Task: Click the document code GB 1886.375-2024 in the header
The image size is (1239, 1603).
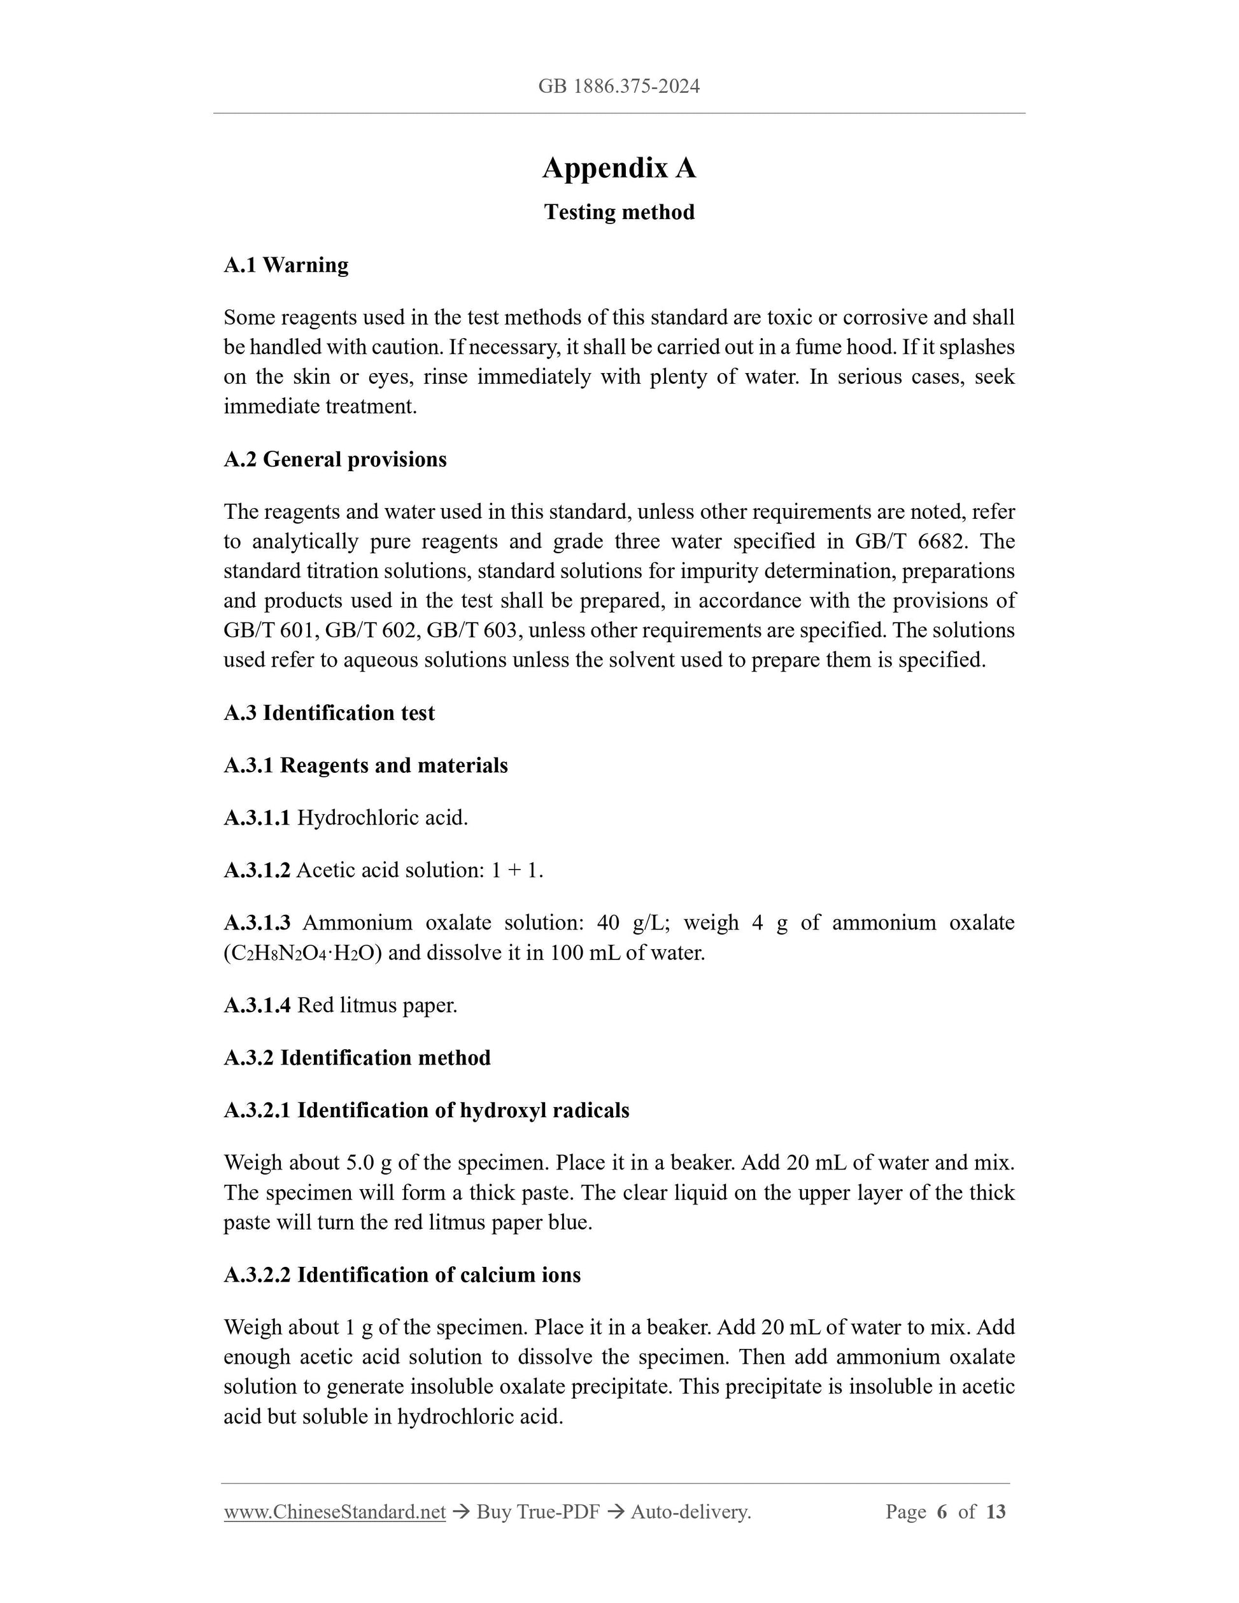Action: (619, 87)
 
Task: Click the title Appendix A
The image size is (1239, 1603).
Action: (619, 168)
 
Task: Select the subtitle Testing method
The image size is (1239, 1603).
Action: (619, 212)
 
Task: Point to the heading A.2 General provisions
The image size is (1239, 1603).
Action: (335, 460)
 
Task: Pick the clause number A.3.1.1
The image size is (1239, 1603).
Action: (257, 817)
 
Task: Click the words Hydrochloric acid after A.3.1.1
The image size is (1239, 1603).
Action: (381, 817)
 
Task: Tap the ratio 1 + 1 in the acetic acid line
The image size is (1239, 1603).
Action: (516, 870)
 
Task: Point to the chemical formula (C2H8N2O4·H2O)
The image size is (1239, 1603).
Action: (302, 954)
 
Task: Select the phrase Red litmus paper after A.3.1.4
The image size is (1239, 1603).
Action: (376, 1006)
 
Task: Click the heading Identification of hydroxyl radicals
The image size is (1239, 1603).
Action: (462, 1110)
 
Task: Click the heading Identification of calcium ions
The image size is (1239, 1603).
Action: (438, 1275)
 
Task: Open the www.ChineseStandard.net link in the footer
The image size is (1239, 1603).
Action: (335, 1512)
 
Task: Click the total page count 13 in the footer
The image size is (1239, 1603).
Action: (995, 1512)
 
